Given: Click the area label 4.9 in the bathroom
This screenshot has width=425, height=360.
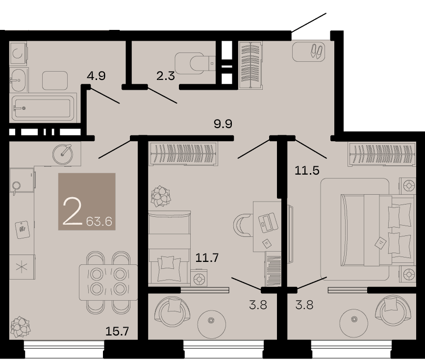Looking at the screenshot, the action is pos(96,76).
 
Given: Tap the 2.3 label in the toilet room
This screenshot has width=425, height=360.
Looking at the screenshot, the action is pos(165,76).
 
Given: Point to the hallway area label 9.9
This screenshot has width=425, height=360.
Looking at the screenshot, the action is pos(223,124).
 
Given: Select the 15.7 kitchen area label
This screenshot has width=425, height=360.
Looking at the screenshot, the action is pos(117,331).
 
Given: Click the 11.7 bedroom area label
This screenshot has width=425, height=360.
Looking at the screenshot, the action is pos(207,257).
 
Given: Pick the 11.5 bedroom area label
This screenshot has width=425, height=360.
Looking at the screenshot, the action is pos(307,170).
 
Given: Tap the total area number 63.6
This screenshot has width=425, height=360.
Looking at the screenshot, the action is pos(99,222).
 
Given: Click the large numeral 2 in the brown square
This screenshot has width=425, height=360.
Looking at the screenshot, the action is pos(72,211).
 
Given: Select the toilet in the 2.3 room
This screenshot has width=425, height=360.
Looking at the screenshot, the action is pos(195,63).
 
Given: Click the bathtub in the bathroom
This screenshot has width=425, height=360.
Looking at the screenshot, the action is pos(43,108).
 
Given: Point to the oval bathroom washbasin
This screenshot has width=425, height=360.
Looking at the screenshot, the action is pos(18,80).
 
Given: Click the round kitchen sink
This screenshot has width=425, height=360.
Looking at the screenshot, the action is pos(63,154).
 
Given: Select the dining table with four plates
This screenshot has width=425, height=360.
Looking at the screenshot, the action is pos(108,282).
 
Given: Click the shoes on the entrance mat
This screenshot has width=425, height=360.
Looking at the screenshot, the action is pos(317,51).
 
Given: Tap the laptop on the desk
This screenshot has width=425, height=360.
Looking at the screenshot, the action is pos(268,223).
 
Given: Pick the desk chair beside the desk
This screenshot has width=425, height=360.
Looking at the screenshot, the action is pos(243,225).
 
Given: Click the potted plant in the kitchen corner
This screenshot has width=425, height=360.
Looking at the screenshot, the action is pos(20,327).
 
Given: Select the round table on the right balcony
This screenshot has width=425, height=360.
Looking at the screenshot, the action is pos(354,319).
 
